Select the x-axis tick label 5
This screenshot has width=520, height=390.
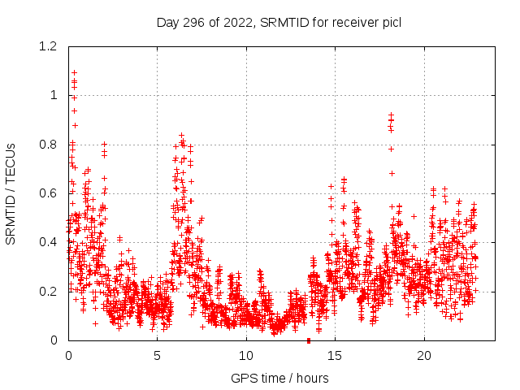(x=157, y=356)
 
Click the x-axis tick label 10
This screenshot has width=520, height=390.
(x=245, y=356)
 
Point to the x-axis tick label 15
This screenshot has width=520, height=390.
(x=335, y=356)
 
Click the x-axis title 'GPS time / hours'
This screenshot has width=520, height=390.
(x=279, y=378)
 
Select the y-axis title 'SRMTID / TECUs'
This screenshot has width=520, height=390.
(x=11, y=193)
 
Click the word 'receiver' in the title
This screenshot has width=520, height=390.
(x=354, y=22)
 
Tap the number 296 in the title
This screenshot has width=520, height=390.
(x=195, y=22)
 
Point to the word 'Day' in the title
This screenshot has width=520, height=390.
(x=168, y=22)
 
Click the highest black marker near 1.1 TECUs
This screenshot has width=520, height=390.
(x=74, y=72)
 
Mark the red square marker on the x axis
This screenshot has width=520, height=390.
(x=308, y=340)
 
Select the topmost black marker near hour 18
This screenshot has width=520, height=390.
(x=391, y=115)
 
